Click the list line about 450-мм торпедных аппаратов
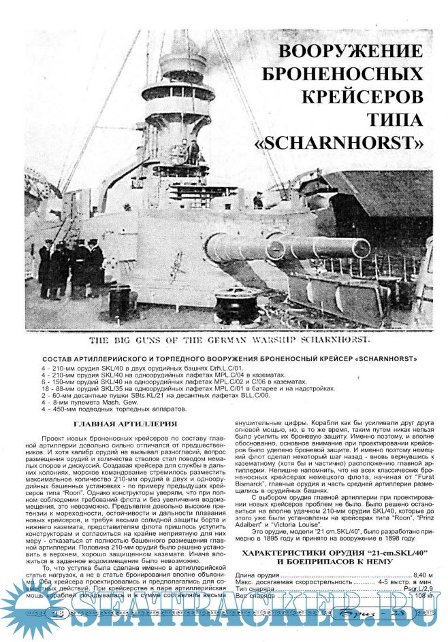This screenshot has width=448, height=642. [114, 409]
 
